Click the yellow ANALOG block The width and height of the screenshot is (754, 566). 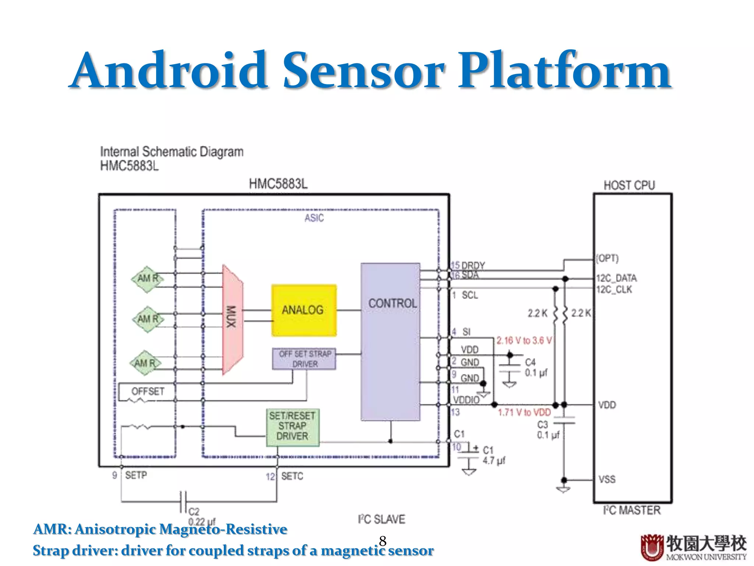tap(304, 310)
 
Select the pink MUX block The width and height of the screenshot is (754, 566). tap(232, 319)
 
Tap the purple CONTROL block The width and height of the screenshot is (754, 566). tap(391, 341)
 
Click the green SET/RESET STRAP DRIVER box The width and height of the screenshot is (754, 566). tap(292, 427)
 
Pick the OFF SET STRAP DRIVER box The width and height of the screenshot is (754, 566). tap(304, 359)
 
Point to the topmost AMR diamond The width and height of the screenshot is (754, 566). tap(148, 279)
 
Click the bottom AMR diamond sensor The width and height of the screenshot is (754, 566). tap(146, 363)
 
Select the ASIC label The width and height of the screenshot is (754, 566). tap(314, 218)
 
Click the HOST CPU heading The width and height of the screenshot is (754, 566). tap(629, 185)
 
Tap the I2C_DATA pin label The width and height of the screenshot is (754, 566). tap(617, 278)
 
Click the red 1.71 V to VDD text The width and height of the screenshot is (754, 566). tap(524, 412)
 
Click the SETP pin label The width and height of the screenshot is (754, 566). tap(136, 475)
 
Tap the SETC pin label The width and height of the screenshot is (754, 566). tap(292, 476)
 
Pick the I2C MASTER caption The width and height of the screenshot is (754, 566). tap(632, 510)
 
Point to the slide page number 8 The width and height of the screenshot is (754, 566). tap(383, 541)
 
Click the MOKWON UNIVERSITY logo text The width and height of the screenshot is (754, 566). tap(706, 557)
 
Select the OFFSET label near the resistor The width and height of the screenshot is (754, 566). tap(148, 391)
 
